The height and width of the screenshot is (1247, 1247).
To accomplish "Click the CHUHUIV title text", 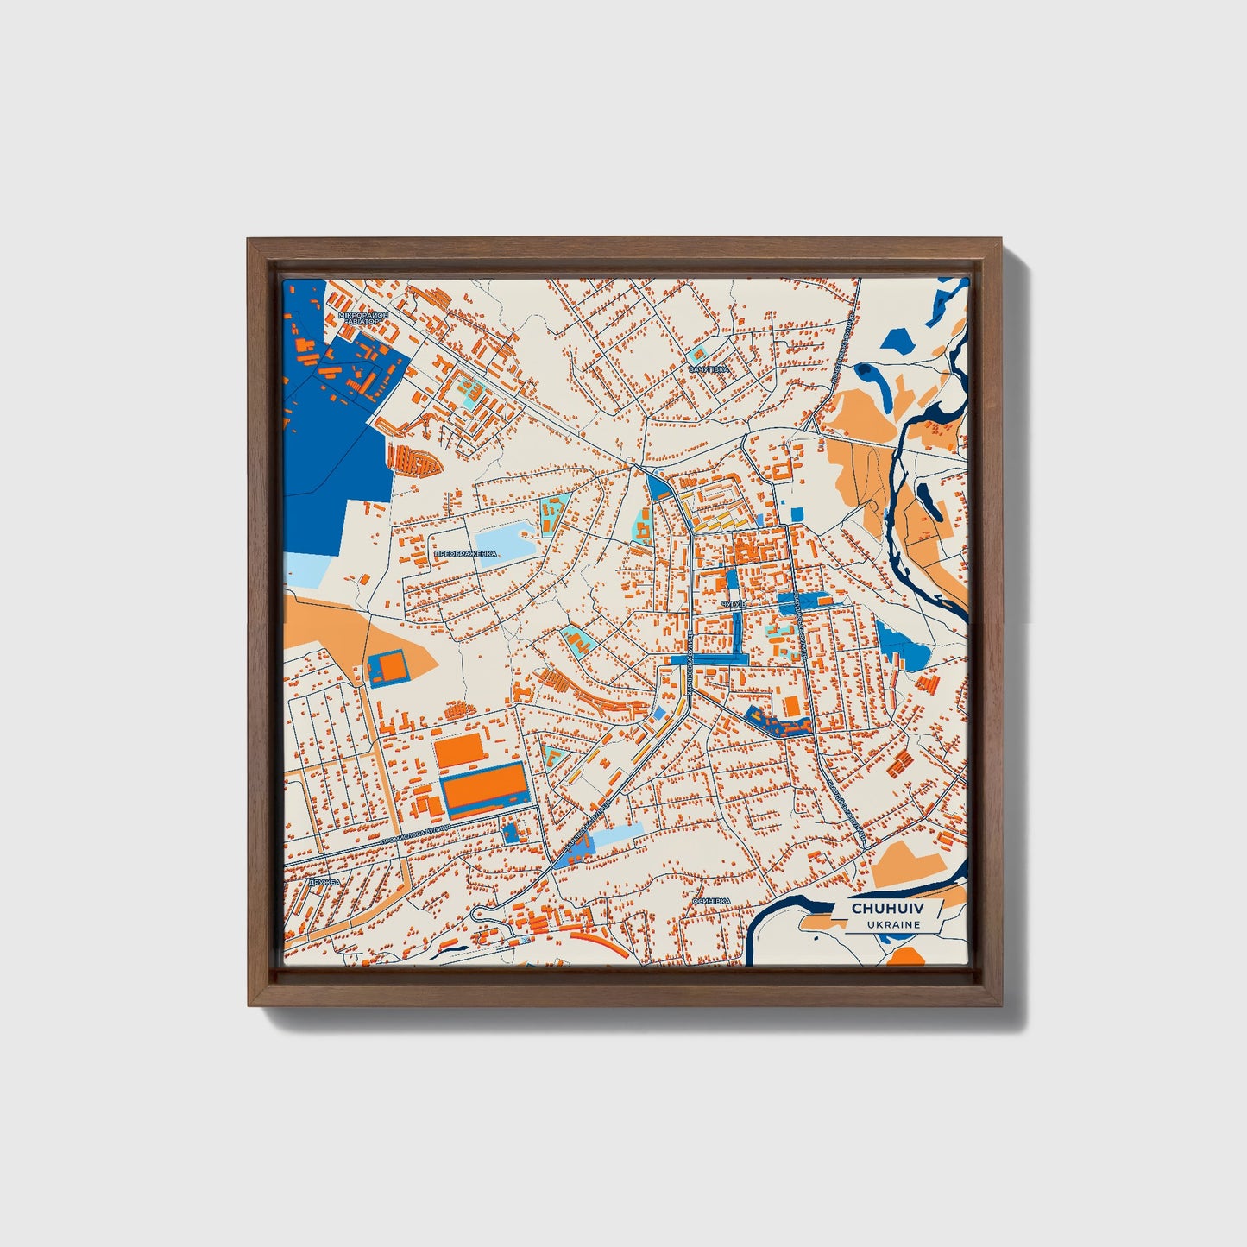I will click(885, 909).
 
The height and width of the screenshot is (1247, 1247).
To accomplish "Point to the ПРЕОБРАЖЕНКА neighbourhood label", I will click(465, 553).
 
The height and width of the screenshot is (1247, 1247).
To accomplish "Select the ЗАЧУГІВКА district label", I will click(709, 368).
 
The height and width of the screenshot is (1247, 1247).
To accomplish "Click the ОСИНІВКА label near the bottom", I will click(711, 901).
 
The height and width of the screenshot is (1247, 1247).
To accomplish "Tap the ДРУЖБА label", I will click(318, 884).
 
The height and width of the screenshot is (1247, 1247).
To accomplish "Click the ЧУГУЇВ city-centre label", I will click(731, 604).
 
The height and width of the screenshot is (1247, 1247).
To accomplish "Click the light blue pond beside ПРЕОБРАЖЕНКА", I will click(506, 541).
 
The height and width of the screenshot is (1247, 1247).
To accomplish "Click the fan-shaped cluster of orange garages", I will click(414, 459).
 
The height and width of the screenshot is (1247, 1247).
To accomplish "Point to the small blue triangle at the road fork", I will click(658, 488).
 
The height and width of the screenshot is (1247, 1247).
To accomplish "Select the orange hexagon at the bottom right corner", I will click(906, 956).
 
